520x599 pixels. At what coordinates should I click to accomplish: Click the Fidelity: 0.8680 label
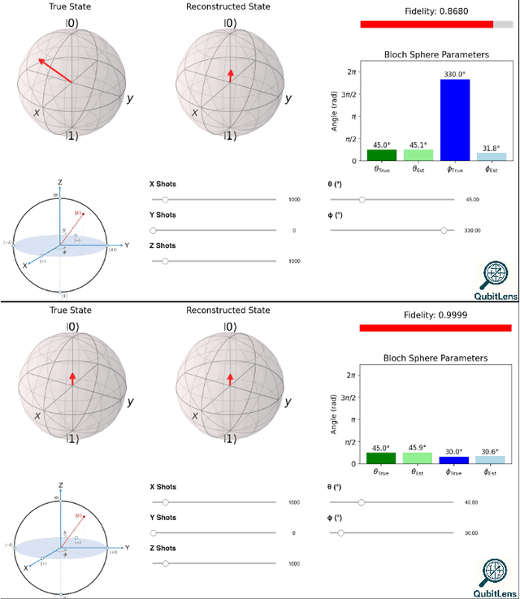click(436, 11)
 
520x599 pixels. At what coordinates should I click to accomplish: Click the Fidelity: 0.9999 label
click(436, 315)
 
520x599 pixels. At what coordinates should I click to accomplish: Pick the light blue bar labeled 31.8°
click(491, 157)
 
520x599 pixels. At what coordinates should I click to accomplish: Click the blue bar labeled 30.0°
click(454, 460)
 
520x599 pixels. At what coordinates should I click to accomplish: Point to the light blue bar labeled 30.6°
click(491, 460)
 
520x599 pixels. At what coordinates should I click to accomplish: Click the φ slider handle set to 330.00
click(444, 230)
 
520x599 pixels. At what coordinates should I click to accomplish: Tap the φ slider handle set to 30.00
click(340, 533)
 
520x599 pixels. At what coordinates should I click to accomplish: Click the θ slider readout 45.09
click(472, 199)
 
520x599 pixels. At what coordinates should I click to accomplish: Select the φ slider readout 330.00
click(472, 231)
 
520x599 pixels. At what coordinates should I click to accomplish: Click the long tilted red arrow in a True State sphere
click(54, 71)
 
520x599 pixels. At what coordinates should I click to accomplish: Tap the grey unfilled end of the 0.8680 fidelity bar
click(503, 24)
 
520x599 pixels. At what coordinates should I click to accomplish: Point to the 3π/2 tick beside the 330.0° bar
click(350, 94)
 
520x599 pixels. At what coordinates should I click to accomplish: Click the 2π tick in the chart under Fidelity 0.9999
click(352, 375)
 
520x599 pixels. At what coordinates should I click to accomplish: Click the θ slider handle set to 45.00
click(361, 502)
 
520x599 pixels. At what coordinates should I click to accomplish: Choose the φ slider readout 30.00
click(472, 533)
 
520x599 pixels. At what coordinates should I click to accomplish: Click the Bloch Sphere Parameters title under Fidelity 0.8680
click(436, 54)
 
